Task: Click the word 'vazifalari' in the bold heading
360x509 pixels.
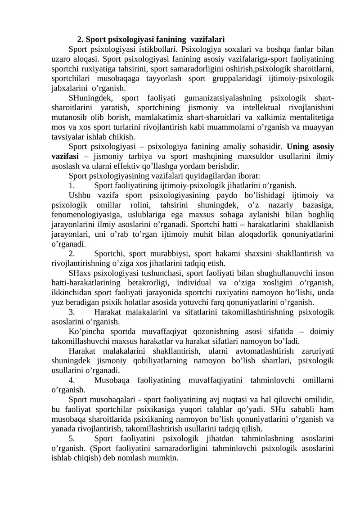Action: [x=204, y=39]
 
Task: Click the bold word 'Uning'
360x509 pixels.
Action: [x=297, y=147]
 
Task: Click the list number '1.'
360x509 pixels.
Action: [x=72, y=185]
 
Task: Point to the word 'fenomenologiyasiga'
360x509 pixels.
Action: [x=82, y=214]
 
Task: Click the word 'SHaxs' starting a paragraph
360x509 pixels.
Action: [x=79, y=273]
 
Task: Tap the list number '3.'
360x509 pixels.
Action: [x=72, y=312]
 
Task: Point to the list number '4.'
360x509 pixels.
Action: [x=72, y=380]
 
